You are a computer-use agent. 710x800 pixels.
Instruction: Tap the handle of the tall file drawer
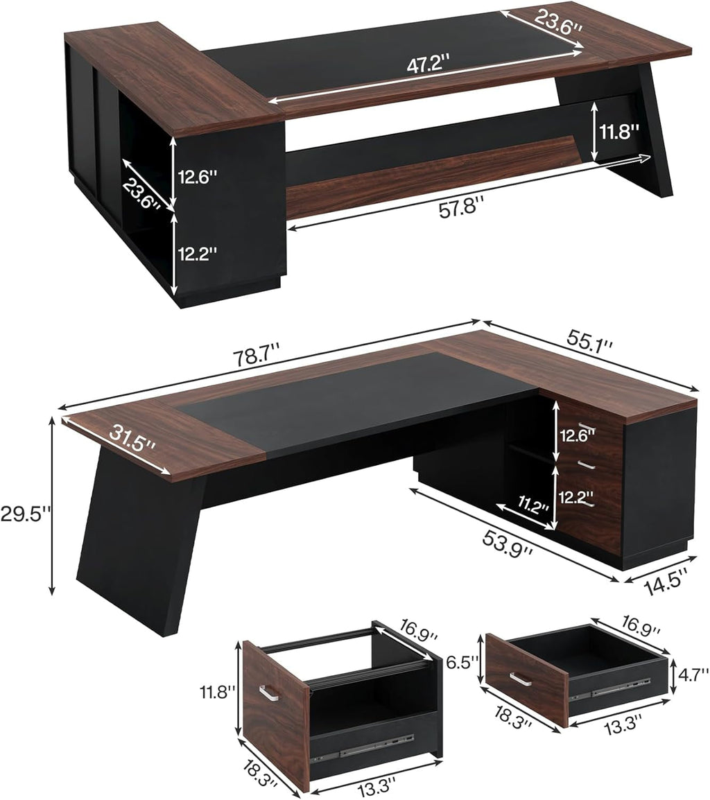point(268,691)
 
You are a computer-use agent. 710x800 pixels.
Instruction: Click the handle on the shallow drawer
point(521,678)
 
